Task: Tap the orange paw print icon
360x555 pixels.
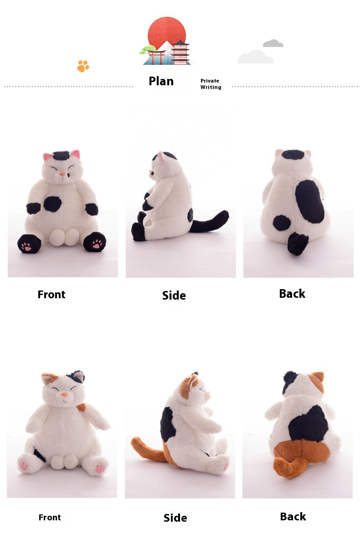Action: (83, 66)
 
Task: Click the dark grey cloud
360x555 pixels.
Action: (273, 43)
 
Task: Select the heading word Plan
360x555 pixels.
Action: (161, 81)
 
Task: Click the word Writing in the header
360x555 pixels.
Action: (211, 87)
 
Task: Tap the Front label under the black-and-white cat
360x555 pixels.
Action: (51, 295)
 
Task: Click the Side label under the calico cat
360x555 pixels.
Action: (175, 518)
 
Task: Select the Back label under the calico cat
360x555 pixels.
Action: (293, 517)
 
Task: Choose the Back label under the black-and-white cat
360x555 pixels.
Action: (292, 294)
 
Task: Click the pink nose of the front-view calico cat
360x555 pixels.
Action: (65, 394)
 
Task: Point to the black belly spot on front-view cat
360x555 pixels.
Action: (52, 204)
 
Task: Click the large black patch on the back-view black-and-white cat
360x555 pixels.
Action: (310, 202)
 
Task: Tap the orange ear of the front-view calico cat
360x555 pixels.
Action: (48, 379)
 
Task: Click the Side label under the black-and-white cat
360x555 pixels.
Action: (174, 296)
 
